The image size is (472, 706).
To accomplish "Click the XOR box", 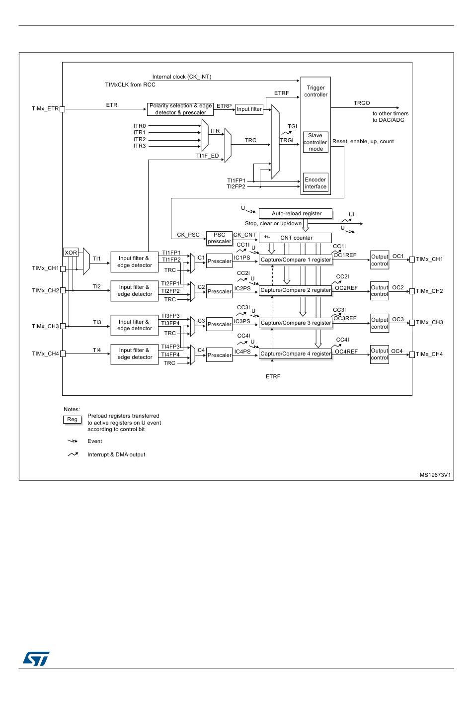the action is [x=71, y=253].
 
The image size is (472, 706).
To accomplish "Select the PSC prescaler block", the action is [x=219, y=238].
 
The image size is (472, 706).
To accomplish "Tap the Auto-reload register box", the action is [x=295, y=213].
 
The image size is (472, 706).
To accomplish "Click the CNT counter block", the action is [x=295, y=238].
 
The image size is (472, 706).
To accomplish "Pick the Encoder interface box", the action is [x=315, y=183].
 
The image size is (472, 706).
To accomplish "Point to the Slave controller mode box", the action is [x=315, y=142].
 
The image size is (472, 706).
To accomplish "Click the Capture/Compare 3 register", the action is [x=296, y=323].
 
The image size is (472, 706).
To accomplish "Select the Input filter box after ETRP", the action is [x=249, y=109].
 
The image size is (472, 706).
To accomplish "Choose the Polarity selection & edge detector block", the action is [x=180, y=109].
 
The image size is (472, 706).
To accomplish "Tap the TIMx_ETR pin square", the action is [x=62, y=109].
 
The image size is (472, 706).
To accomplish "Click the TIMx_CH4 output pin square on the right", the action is [x=412, y=354].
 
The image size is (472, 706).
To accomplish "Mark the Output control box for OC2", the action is [x=380, y=291].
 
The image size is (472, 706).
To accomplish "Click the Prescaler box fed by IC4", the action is [x=219, y=355].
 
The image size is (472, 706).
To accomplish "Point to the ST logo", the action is [x=36, y=659].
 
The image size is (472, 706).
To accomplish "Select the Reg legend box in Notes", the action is [x=73, y=420].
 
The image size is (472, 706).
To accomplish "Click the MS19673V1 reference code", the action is [x=435, y=475].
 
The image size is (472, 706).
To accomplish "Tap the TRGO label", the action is [x=362, y=103].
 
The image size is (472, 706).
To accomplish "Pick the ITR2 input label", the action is [x=140, y=139].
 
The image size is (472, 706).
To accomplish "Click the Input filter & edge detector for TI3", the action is [x=135, y=325].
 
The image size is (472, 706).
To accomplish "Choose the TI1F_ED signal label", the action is [x=207, y=156].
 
